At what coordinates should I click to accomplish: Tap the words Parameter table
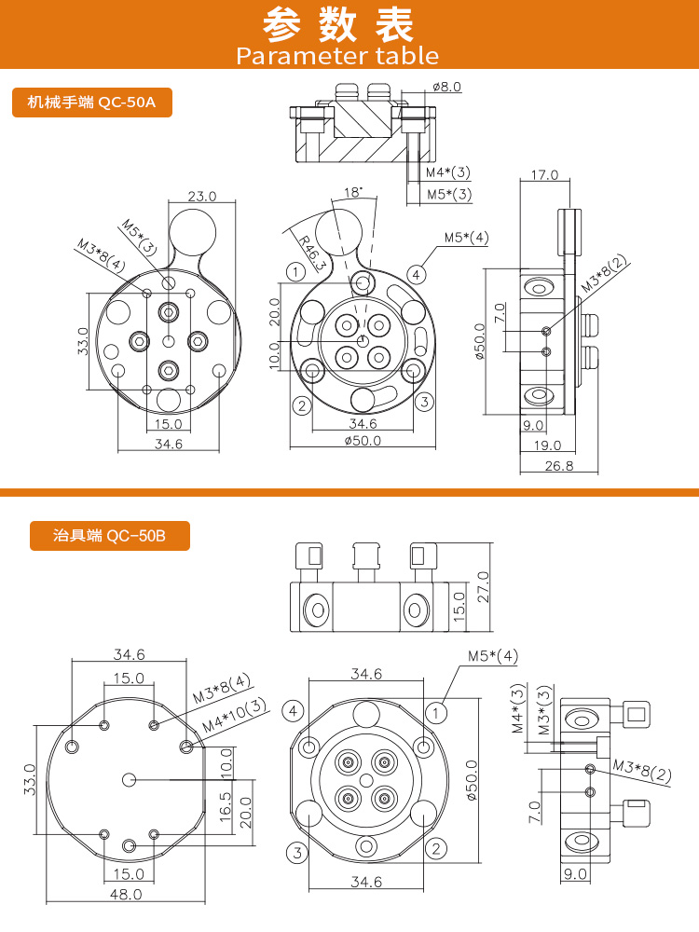click(337, 56)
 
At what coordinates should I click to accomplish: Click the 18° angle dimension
click(352, 193)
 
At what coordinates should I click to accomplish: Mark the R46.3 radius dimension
click(313, 253)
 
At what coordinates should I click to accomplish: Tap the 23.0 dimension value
click(201, 197)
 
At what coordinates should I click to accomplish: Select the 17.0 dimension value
click(543, 174)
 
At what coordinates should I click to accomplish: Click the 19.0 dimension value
click(547, 445)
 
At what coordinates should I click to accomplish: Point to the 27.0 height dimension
click(483, 587)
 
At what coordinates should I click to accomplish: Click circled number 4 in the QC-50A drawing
click(417, 274)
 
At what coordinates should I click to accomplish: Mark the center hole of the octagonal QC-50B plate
click(130, 778)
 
